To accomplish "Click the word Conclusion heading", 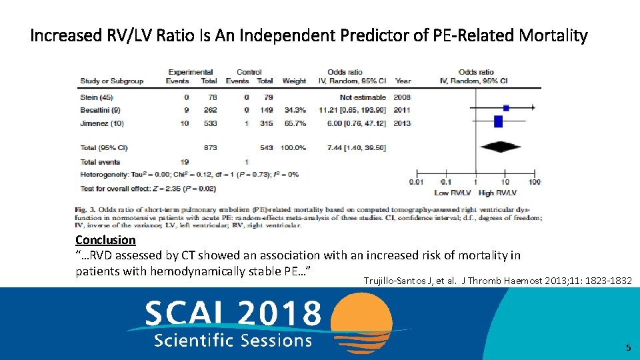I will (x=105, y=240).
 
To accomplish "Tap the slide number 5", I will (x=627, y=347).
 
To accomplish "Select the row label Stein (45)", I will (x=97, y=97).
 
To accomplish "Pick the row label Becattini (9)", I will (x=100, y=110).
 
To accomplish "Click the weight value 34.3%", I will (x=294, y=110).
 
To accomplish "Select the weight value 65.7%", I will (x=294, y=123).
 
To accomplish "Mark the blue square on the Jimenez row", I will (x=498, y=121).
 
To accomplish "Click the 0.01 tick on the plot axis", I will (x=417, y=182).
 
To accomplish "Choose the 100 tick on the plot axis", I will (x=534, y=182).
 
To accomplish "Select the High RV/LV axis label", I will (x=498, y=193).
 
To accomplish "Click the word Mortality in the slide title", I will (x=552, y=35).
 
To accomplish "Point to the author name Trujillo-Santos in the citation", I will (x=397, y=281).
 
